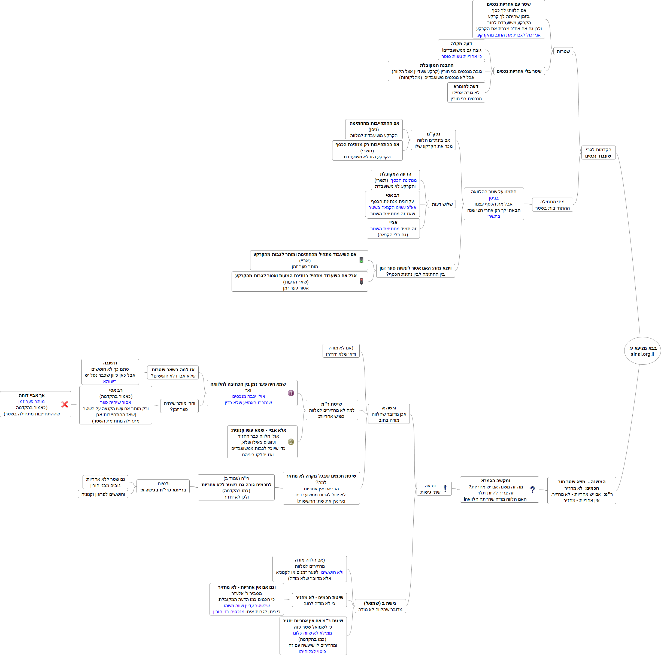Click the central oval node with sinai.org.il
tap(642, 351)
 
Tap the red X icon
tap(65, 404)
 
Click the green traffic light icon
tap(361, 260)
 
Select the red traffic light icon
tap(361, 281)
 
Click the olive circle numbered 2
tap(291, 442)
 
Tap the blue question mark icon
tap(532, 490)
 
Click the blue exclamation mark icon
tap(445, 489)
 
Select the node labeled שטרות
tap(563, 51)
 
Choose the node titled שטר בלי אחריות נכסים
tap(519, 71)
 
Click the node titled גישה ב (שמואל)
tap(380, 606)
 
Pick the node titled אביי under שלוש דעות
tap(393, 229)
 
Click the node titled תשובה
tap(110, 372)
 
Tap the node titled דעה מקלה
tap(461, 50)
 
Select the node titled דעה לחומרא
tap(466, 93)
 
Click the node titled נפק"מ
tap(433, 140)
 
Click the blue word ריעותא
tap(110, 381)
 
